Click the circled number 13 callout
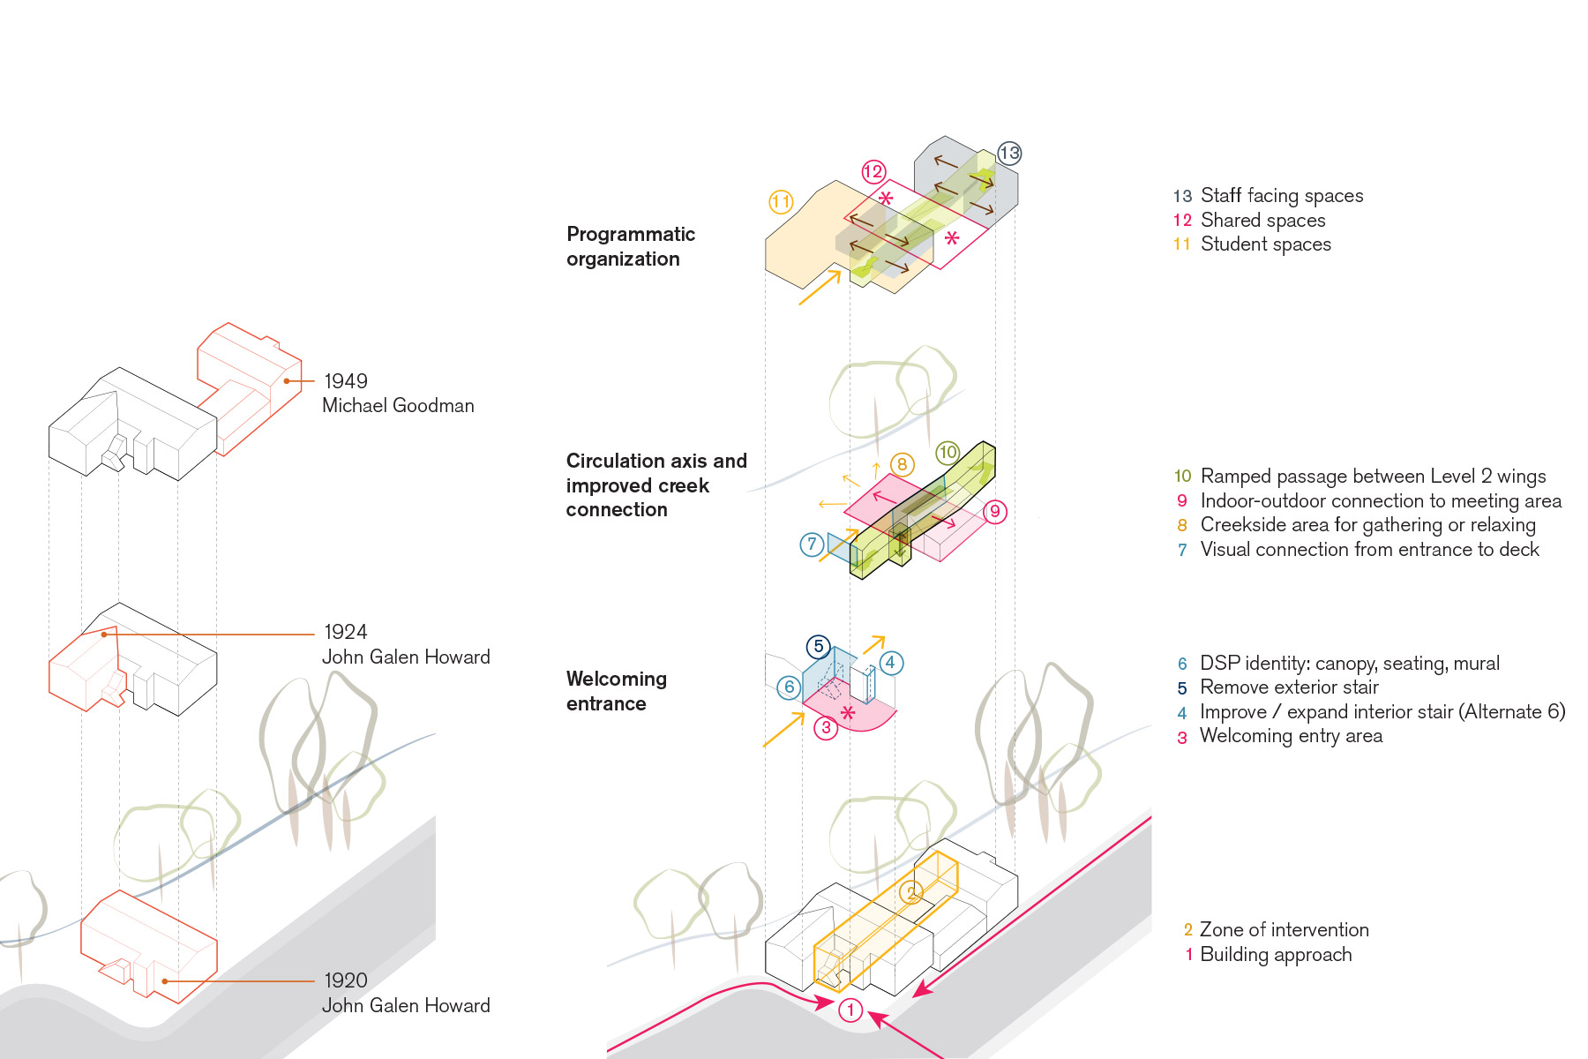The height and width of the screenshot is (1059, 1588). [x=1009, y=154]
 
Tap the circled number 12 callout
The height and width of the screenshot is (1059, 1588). [x=873, y=172]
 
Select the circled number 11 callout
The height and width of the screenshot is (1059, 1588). [x=781, y=202]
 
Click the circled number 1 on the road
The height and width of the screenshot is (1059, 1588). [x=850, y=1010]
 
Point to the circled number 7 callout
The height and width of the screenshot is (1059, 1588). [x=812, y=545]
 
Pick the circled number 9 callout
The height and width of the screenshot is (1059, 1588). [x=995, y=511]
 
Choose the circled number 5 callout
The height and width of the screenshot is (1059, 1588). [x=819, y=647]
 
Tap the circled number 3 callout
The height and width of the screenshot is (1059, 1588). [x=826, y=728]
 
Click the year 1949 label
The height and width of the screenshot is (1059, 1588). [x=346, y=381]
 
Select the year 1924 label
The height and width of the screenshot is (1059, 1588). [x=346, y=632]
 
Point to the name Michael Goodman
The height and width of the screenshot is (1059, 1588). [x=398, y=406]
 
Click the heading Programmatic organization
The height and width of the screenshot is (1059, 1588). [x=630, y=246]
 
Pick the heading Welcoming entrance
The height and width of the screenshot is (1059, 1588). [x=616, y=691]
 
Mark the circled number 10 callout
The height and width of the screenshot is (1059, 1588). [x=948, y=453]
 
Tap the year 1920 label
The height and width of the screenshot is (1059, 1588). [x=346, y=980]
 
